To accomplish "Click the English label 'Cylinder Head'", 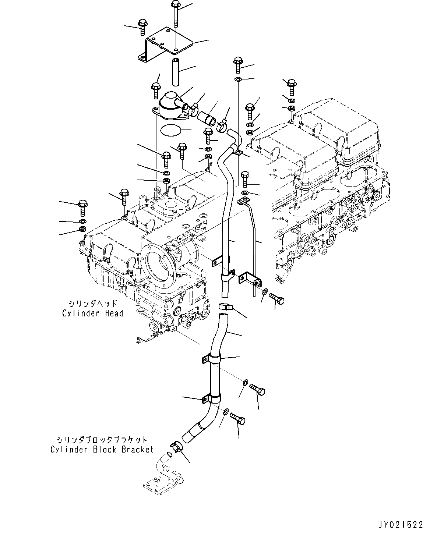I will pyautogui.click(x=92, y=313).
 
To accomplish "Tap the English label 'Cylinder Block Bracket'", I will pyautogui.click(x=102, y=450).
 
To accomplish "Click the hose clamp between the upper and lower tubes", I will pyautogui.click(x=224, y=306).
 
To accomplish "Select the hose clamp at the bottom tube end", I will pyautogui.click(x=176, y=447).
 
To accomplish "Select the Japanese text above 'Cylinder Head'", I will pyautogui.click(x=93, y=304).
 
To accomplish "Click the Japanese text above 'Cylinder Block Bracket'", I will pyautogui.click(x=102, y=440).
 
